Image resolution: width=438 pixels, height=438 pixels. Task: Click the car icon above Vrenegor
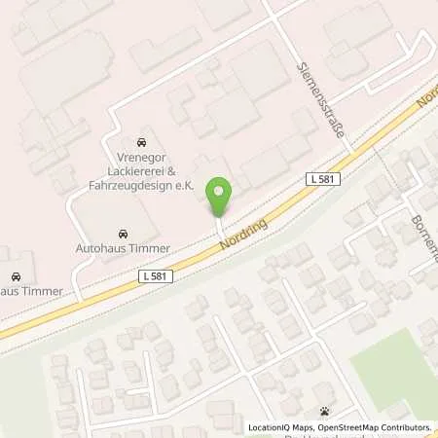coord(143,139)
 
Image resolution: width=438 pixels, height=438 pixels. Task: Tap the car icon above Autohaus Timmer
coord(122,234)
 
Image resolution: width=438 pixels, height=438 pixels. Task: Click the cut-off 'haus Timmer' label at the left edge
coord(32,290)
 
